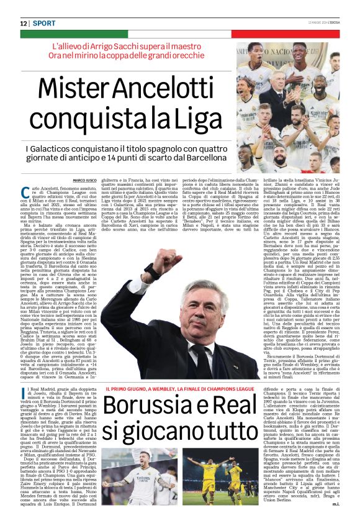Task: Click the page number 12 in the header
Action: coord(24,23)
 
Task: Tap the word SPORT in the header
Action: coord(45,23)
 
